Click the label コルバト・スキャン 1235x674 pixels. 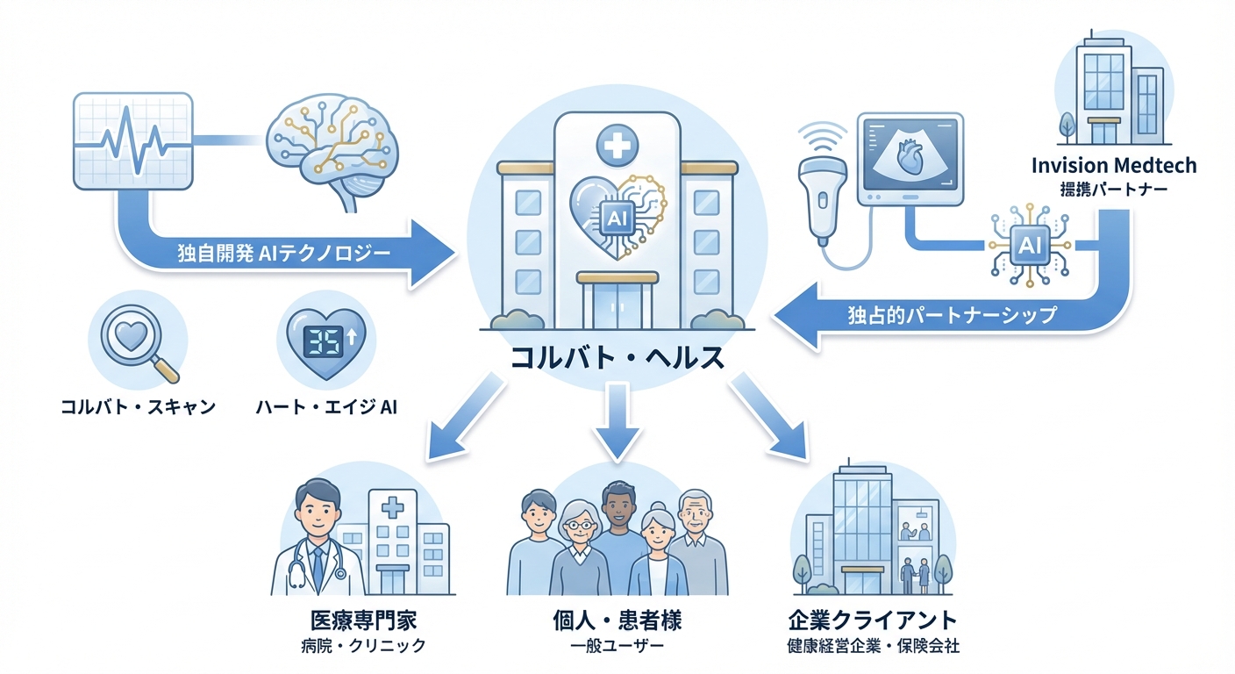139,407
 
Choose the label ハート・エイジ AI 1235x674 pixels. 326,407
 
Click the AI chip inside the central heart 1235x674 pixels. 615,214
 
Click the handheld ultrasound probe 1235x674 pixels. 821,189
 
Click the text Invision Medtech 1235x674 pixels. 1113,166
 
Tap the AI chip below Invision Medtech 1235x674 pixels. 1029,246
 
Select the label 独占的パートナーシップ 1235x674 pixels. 953,314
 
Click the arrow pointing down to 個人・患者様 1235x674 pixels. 617,421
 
